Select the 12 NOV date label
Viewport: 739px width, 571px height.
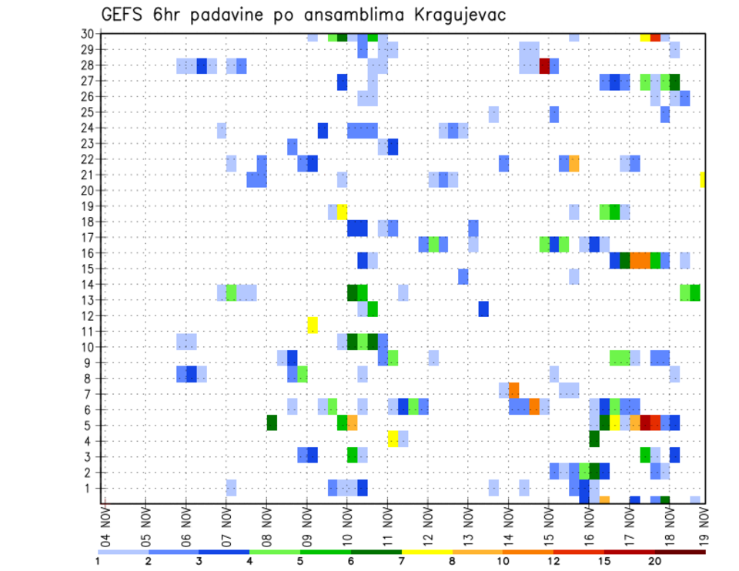click(x=427, y=523)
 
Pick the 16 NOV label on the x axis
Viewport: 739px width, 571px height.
click(x=588, y=523)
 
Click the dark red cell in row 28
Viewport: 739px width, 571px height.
click(x=544, y=65)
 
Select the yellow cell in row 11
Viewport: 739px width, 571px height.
click(x=313, y=324)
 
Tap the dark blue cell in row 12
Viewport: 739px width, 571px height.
click(x=483, y=309)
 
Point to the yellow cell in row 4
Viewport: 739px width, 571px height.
click(x=393, y=439)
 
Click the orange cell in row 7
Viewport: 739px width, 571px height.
click(x=513, y=390)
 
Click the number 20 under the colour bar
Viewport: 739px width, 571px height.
click(x=655, y=561)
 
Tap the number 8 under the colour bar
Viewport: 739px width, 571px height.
click(x=452, y=561)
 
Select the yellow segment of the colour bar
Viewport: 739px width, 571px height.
click(x=426, y=552)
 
